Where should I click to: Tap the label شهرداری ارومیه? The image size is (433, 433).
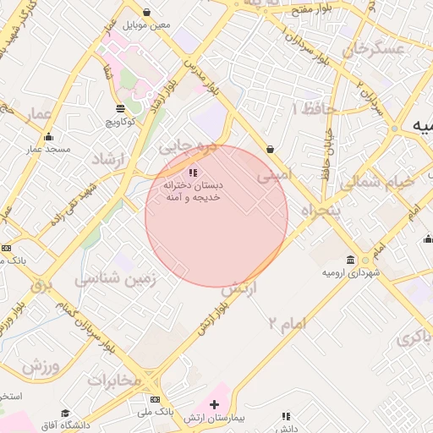(x=351, y=273)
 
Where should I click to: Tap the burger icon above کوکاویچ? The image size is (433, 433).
(x=120, y=107)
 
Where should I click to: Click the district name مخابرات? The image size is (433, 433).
(x=113, y=380)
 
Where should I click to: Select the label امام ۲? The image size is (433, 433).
(x=287, y=323)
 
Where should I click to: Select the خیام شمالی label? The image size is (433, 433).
(x=377, y=182)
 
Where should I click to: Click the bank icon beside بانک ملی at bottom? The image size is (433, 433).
(x=155, y=399)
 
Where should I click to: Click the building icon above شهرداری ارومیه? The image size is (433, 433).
(x=351, y=260)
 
